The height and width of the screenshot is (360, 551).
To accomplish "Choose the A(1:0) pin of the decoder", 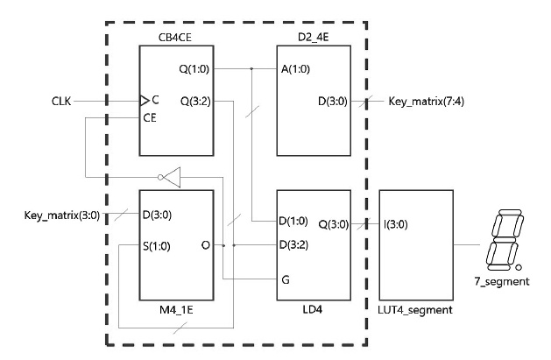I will click(294, 67).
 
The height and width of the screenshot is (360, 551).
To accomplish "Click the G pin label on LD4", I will click(285, 279).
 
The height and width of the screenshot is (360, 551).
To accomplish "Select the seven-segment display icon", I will click(502, 237).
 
